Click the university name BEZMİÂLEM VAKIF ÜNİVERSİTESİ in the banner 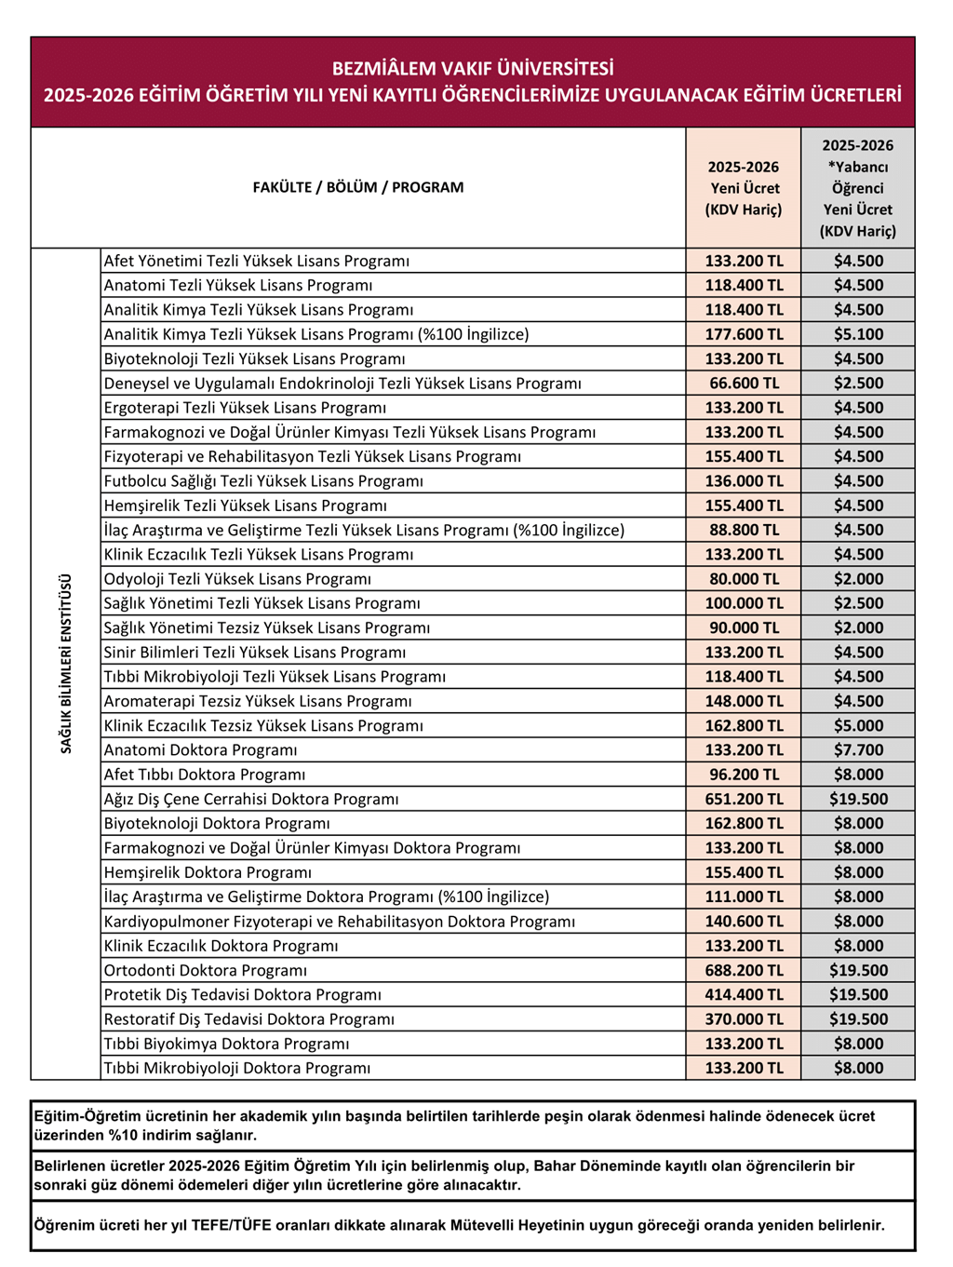point(473,69)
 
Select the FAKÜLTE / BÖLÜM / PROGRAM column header point(357,187)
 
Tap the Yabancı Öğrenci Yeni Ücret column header point(857,188)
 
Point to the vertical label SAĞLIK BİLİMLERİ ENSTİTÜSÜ point(66,663)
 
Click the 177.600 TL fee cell point(744,334)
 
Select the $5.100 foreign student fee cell point(857,334)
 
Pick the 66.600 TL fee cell point(744,384)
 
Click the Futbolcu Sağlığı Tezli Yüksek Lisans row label point(263,481)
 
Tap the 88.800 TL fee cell point(744,530)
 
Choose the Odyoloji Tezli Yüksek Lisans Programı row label point(237,579)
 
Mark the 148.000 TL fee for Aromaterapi point(744,701)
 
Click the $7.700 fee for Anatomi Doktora point(857,750)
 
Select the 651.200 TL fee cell point(744,799)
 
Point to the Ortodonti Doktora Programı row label point(205,970)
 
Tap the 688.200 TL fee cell point(744,970)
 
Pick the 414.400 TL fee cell point(744,994)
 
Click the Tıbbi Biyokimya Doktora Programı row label point(226,1044)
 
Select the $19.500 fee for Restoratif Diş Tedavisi point(857,1019)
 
